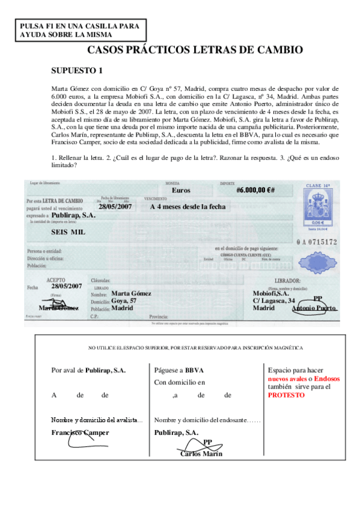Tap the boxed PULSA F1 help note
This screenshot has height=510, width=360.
[79, 30]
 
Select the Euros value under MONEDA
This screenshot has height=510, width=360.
[181, 190]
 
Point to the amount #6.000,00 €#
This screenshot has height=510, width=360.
[255, 190]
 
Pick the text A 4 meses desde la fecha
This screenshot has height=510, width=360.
[188, 206]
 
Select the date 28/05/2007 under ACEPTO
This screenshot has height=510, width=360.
[66, 286]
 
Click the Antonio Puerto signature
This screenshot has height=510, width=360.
[314, 308]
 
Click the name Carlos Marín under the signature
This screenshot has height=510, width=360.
[201, 453]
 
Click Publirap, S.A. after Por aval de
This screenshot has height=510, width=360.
[106, 371]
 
